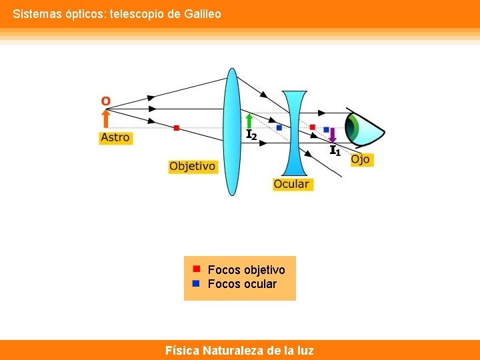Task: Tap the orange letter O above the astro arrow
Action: [x=105, y=101]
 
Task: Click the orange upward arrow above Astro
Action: [x=105, y=119]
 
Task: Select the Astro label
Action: [x=115, y=137]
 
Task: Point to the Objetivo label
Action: [x=193, y=166]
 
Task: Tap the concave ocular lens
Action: [x=294, y=133]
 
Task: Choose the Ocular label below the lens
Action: [x=292, y=183]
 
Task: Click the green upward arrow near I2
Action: [x=249, y=121]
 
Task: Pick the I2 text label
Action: [x=251, y=135]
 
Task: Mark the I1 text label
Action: [x=335, y=151]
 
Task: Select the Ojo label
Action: [x=360, y=159]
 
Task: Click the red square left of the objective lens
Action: [x=176, y=127]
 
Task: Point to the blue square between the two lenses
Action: [x=279, y=127]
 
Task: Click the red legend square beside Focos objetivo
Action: [x=197, y=269]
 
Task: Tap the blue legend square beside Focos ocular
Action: [x=197, y=283]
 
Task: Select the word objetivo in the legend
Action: [x=264, y=269]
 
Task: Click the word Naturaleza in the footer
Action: [x=233, y=350]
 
